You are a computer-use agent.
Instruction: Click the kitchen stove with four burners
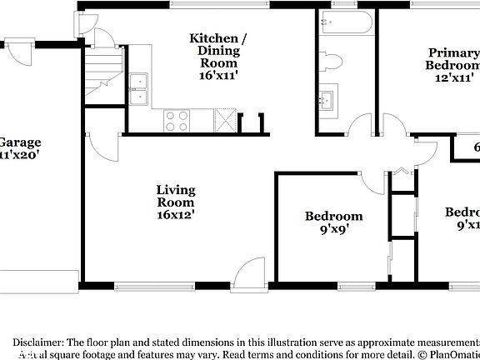176,121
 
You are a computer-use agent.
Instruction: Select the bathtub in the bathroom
343,25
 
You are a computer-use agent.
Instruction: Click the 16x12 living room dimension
176,215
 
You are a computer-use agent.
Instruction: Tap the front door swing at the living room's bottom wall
247,272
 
